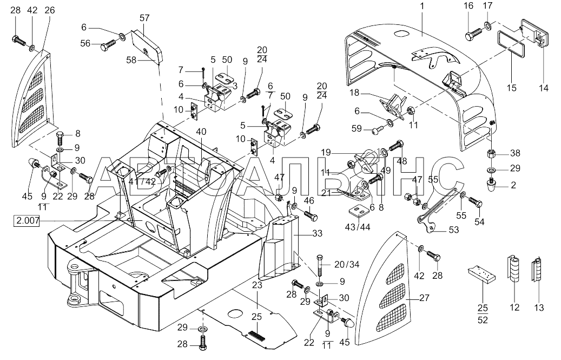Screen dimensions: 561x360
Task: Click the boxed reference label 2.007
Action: click(27, 221)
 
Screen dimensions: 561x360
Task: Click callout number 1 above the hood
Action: click(422, 6)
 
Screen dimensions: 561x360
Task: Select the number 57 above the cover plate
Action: click(144, 18)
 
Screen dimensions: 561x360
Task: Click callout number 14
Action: click(544, 88)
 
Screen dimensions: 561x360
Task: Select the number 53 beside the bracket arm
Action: click(454, 230)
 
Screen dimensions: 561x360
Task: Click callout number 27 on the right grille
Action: click(424, 298)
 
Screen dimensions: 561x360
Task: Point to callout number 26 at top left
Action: click(50, 10)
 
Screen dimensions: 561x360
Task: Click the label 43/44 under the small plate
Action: click(358, 227)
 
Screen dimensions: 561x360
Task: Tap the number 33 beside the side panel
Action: click(317, 233)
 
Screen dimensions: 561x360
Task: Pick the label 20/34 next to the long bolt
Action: click(347, 265)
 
